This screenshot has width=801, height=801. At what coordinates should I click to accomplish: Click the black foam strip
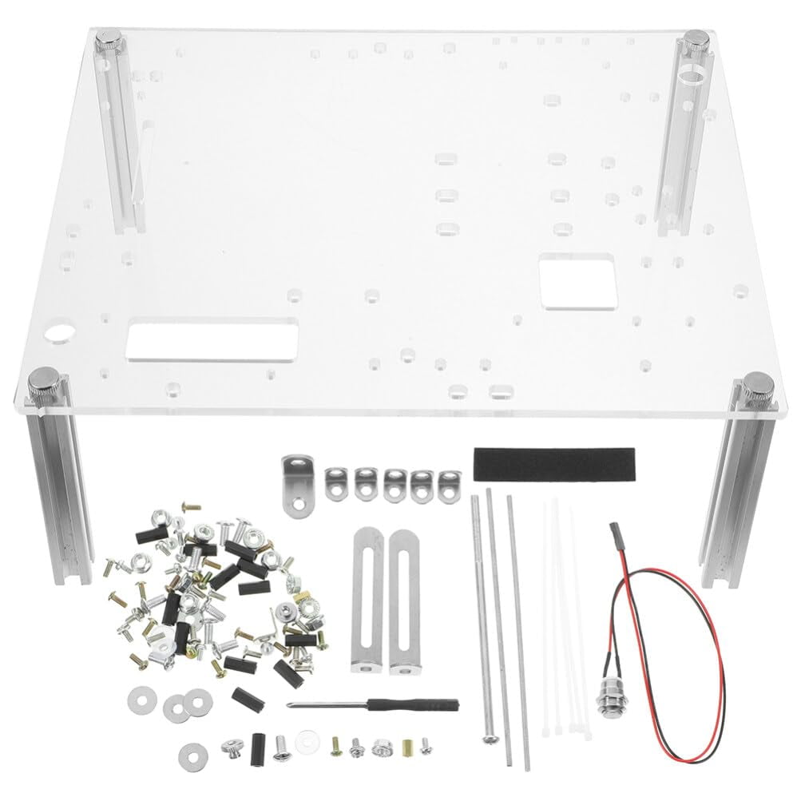click(x=554, y=464)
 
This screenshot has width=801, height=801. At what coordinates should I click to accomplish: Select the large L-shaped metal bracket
click(x=298, y=482)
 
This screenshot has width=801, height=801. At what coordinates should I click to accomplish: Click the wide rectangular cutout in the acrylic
click(x=212, y=339)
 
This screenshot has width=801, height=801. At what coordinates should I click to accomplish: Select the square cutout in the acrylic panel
click(x=577, y=281)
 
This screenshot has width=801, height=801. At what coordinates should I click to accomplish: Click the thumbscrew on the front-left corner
click(x=45, y=386)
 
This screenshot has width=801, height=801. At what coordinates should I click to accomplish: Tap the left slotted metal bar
click(x=363, y=592)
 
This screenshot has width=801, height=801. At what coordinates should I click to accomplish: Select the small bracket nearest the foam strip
click(x=449, y=484)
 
